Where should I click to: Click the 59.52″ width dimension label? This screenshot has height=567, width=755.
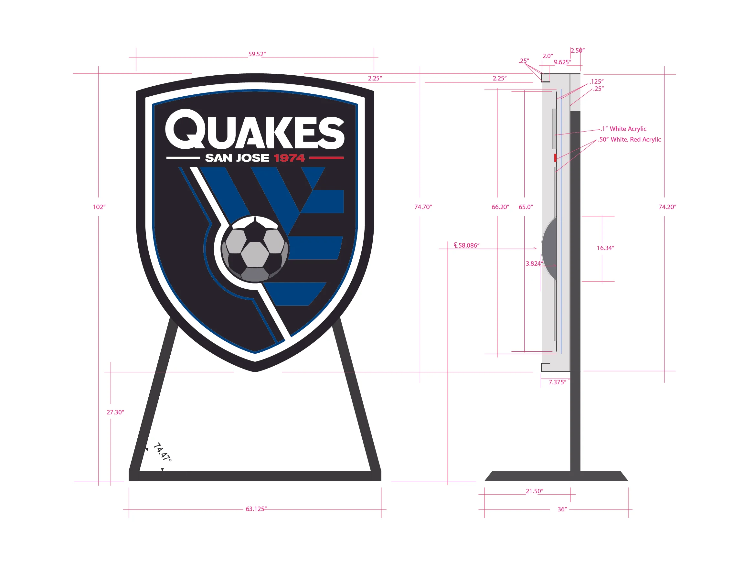pyautogui.click(x=257, y=54)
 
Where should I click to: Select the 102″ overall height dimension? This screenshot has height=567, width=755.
pyautogui.click(x=99, y=207)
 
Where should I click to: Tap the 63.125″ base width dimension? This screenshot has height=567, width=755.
pyautogui.click(x=256, y=509)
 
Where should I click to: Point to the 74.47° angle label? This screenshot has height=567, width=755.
pyautogui.click(x=162, y=452)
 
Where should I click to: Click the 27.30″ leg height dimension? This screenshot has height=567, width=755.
pyautogui.click(x=115, y=412)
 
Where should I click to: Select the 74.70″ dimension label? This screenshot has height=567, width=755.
pyautogui.click(x=423, y=207)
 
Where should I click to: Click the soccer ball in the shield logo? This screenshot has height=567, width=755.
pyautogui.click(x=255, y=249)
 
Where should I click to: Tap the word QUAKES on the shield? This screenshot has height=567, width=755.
pyautogui.click(x=255, y=130)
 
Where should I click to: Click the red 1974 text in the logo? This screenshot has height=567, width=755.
pyautogui.click(x=289, y=158)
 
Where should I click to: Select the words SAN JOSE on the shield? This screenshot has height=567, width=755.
pyautogui.click(x=237, y=158)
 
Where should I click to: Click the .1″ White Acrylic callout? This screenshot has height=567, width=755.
pyautogui.click(x=623, y=129)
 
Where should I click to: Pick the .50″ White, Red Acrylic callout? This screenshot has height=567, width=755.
pyautogui.click(x=629, y=140)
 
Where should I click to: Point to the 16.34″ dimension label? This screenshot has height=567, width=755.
pyautogui.click(x=605, y=248)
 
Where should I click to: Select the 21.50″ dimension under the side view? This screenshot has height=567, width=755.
pyautogui.click(x=534, y=491)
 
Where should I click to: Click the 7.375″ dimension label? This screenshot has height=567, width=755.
pyautogui.click(x=557, y=382)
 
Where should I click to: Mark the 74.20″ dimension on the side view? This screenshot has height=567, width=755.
pyautogui.click(x=667, y=207)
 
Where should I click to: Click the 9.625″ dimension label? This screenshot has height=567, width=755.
pyautogui.click(x=562, y=62)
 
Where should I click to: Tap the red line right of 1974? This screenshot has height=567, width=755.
pyautogui.click(x=326, y=158)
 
